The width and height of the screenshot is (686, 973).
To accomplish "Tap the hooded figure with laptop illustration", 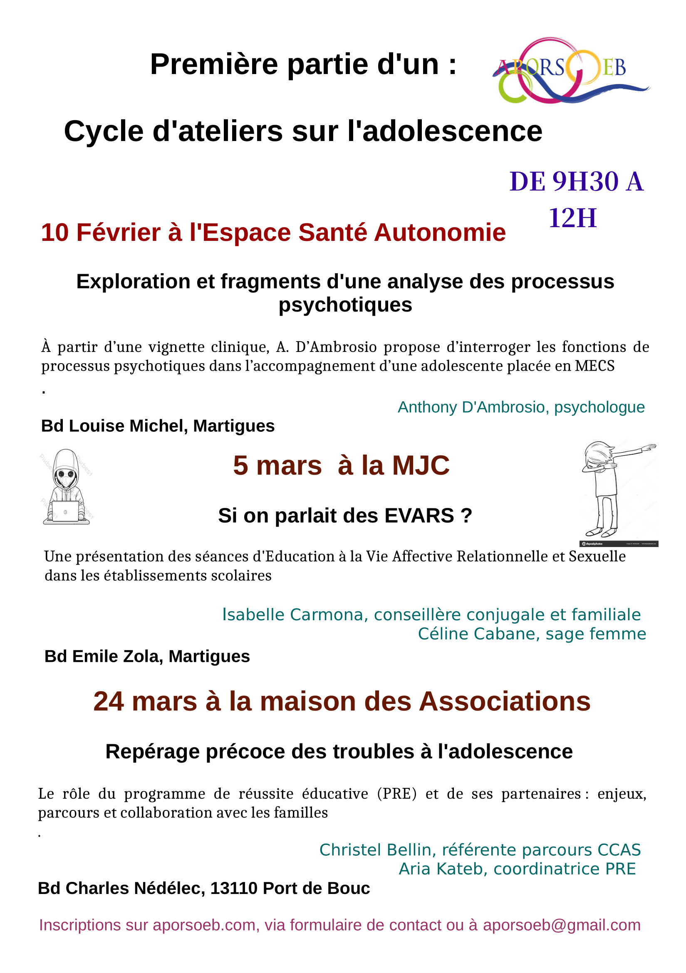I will pyautogui.click(x=66, y=488).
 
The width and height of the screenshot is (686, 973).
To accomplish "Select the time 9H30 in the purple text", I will pyautogui.click(x=586, y=182).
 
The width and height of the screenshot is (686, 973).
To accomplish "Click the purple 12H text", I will pyautogui.click(x=572, y=218).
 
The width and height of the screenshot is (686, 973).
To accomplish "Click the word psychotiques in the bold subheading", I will pyautogui.click(x=345, y=305).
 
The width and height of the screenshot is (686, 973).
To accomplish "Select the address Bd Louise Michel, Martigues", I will pyautogui.click(x=158, y=426).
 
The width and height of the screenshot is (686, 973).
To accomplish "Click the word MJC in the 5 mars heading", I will pyautogui.click(x=421, y=466).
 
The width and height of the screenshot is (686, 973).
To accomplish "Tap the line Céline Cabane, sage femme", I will pyautogui.click(x=531, y=634).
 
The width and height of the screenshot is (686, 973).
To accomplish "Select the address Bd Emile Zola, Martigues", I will pyautogui.click(x=147, y=656).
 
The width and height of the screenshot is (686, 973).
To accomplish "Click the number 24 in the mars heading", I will pyautogui.click(x=109, y=701).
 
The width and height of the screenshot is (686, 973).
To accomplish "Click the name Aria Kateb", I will pyautogui.click(x=439, y=869).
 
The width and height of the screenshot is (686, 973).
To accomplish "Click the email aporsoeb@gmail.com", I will pyautogui.click(x=562, y=925).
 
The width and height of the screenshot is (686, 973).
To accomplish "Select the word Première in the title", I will pyautogui.click(x=214, y=65).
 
